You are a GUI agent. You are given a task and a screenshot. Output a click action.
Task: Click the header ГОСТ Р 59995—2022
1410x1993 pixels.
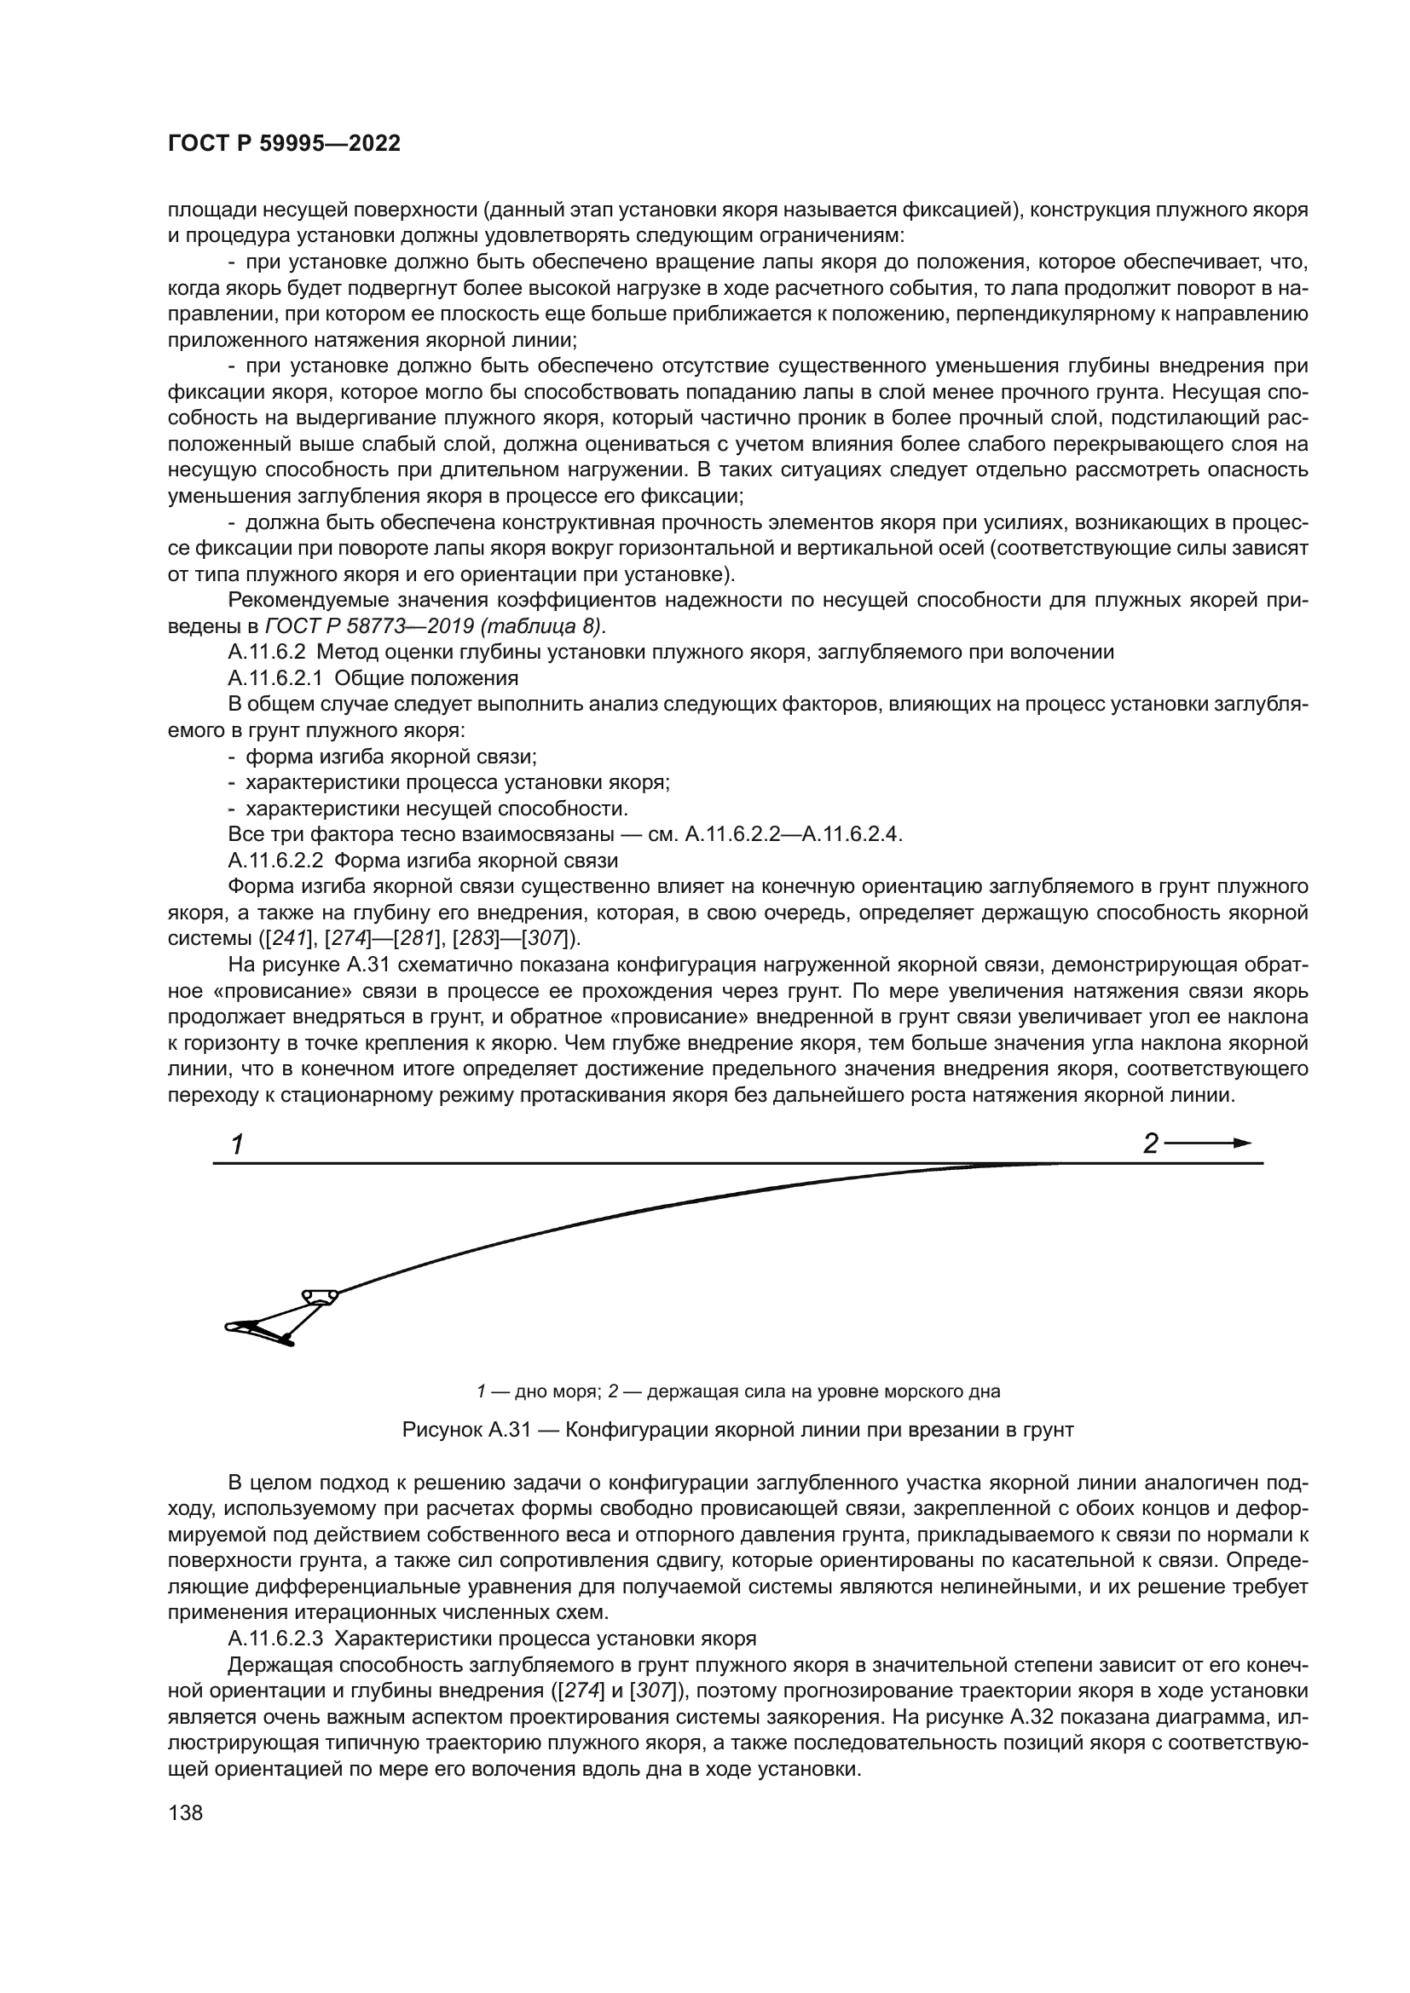tap(284, 144)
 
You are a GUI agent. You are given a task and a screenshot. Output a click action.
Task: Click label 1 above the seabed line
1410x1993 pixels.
tap(236, 1145)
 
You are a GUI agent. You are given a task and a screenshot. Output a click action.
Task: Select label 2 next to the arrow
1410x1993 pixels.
tap(1149, 1144)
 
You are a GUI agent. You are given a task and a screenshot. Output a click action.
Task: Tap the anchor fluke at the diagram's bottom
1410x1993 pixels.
tap(261, 1331)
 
